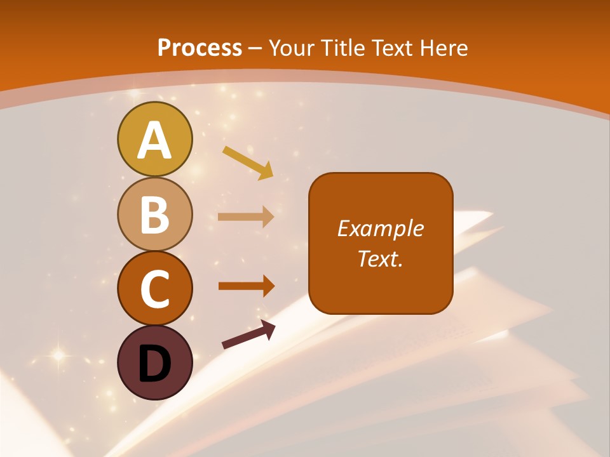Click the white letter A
154,141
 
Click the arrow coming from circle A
248,162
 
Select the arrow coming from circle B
246,217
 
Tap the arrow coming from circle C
246,286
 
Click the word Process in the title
200,48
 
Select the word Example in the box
381,228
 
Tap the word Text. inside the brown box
381,258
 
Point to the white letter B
154,215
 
